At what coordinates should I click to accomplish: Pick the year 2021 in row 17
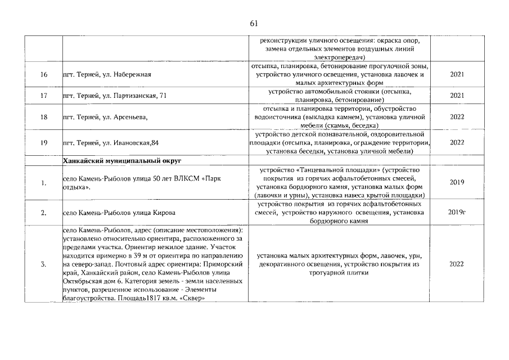457,96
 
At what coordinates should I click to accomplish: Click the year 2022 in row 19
457,142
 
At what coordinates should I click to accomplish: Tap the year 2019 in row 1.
457,182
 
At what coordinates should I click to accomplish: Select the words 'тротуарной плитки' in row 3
338,272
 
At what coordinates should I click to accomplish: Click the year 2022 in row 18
457,117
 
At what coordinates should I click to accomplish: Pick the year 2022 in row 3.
457,264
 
